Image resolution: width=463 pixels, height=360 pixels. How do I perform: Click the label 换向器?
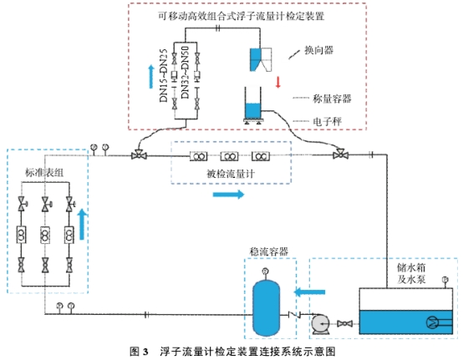click(x=319, y=50)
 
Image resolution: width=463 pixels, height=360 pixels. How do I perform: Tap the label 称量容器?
click(x=332, y=99)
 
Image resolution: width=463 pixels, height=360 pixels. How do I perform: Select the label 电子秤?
click(x=327, y=121)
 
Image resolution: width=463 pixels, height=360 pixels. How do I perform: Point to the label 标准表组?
click(x=44, y=172)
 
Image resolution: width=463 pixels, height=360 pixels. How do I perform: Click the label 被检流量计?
click(x=231, y=174)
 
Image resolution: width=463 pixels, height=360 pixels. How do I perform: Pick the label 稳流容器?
click(x=269, y=251)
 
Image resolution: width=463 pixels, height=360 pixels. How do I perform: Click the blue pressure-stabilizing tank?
click(x=267, y=308)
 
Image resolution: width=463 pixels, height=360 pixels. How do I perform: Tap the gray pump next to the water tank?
click(x=320, y=325)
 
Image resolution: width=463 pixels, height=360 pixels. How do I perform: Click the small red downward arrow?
click(x=277, y=82)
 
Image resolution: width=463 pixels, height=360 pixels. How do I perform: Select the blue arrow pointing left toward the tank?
click(x=309, y=292)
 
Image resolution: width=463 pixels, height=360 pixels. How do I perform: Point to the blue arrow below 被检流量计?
click(x=228, y=194)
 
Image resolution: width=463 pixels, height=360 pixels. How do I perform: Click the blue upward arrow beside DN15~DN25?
click(x=151, y=77)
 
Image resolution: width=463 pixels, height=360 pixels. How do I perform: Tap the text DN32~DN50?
click(x=185, y=73)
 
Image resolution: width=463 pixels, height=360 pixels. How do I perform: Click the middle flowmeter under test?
click(x=230, y=156)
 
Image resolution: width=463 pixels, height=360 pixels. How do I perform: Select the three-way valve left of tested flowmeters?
click(x=139, y=155)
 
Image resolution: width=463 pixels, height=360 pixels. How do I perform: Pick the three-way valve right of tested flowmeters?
click(x=340, y=155)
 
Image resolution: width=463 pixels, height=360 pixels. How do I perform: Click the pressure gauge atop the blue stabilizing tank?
click(x=265, y=271)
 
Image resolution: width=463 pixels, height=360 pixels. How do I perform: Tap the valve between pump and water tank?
click(x=344, y=324)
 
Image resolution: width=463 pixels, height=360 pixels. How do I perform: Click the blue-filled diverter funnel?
click(x=255, y=59)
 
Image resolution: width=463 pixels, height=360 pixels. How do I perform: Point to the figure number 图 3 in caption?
click(x=139, y=352)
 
